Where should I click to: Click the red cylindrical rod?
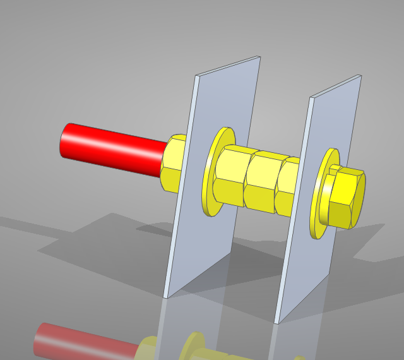(x=114, y=149)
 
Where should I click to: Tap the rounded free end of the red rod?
(x=66, y=141)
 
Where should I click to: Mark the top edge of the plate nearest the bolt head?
(x=335, y=87)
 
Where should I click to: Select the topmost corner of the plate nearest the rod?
(x=259, y=57)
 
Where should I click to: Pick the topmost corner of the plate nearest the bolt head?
(x=360, y=76)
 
